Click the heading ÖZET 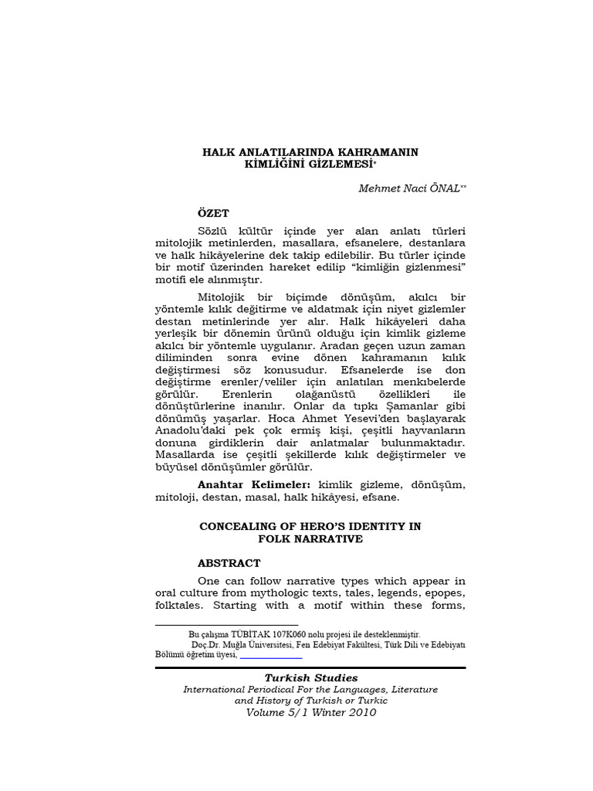[214, 213]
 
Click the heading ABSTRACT [229, 563]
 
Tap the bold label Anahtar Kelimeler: [254, 484]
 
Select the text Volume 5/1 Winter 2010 [311, 712]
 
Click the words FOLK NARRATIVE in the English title [310, 538]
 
